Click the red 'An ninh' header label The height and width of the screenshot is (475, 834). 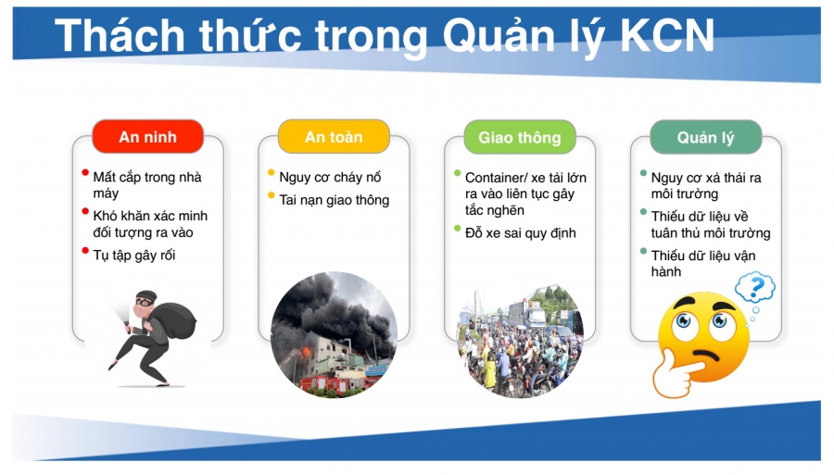(147, 137)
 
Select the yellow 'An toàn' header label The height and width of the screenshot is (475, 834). (334, 137)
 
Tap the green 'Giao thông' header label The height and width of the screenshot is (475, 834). (519, 137)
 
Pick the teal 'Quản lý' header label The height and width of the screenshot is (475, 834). (705, 138)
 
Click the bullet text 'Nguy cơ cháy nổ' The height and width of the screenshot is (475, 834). (330, 177)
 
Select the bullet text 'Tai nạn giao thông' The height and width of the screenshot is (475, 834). (334, 200)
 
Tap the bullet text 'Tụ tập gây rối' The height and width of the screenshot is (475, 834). (133, 255)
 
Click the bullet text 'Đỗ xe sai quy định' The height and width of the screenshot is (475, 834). (520, 232)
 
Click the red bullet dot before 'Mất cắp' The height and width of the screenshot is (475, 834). (84, 172)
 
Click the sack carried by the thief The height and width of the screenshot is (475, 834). (177, 315)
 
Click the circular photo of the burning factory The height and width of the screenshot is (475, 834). (334, 334)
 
